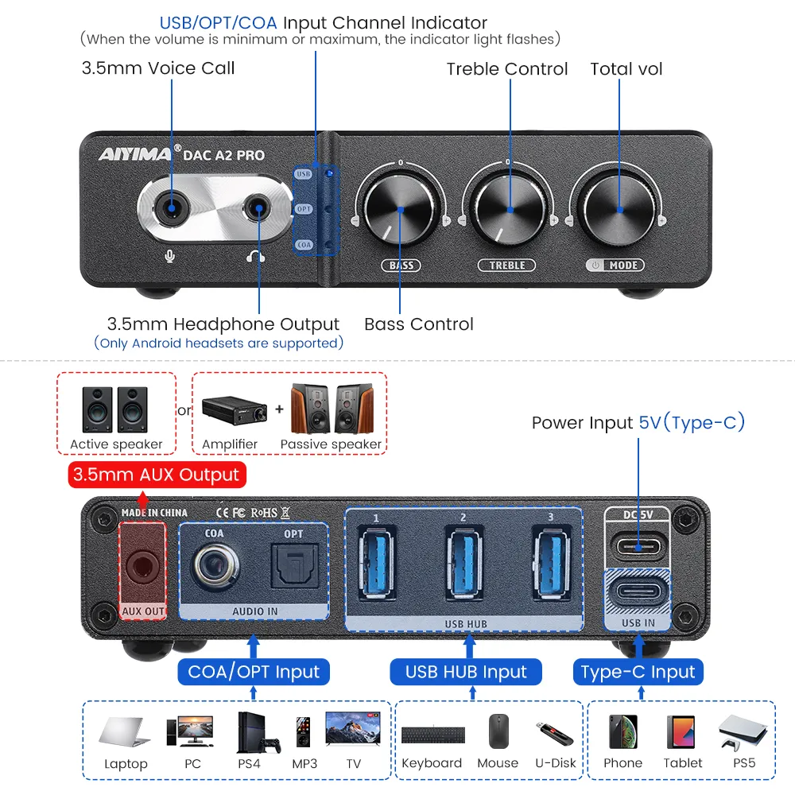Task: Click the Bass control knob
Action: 400,210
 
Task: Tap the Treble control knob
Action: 509,210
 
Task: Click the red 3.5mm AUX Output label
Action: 156,475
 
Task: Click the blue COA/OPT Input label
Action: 254,672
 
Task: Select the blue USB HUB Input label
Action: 466,672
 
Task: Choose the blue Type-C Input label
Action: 638,672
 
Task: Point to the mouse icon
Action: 498,731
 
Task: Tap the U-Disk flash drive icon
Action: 555,731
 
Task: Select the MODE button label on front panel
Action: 616,265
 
